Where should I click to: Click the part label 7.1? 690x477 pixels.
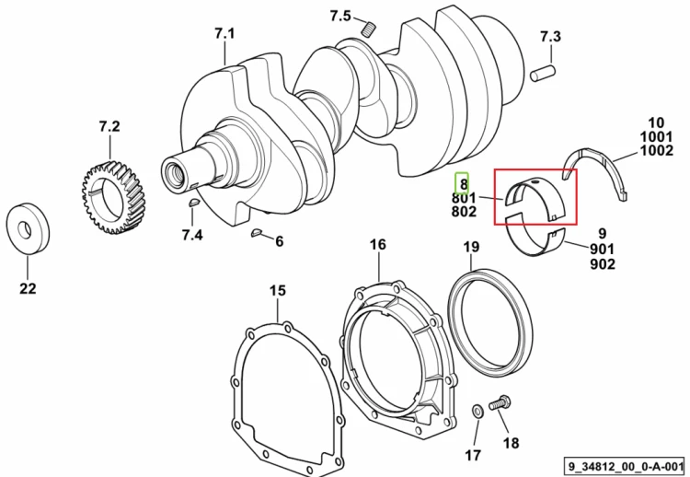pos(224,33)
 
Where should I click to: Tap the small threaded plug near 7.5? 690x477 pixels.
pos(369,30)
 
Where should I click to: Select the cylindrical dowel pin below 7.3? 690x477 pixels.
pos(543,73)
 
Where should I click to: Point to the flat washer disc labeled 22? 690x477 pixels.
pos(28,229)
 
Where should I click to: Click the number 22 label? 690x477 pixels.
pos(28,288)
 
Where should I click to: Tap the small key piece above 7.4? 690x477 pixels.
pos(194,203)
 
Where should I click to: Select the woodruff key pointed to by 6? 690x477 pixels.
pos(257,233)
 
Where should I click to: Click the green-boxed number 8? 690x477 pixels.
pos(462,182)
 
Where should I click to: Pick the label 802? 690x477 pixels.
pos(464,212)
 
